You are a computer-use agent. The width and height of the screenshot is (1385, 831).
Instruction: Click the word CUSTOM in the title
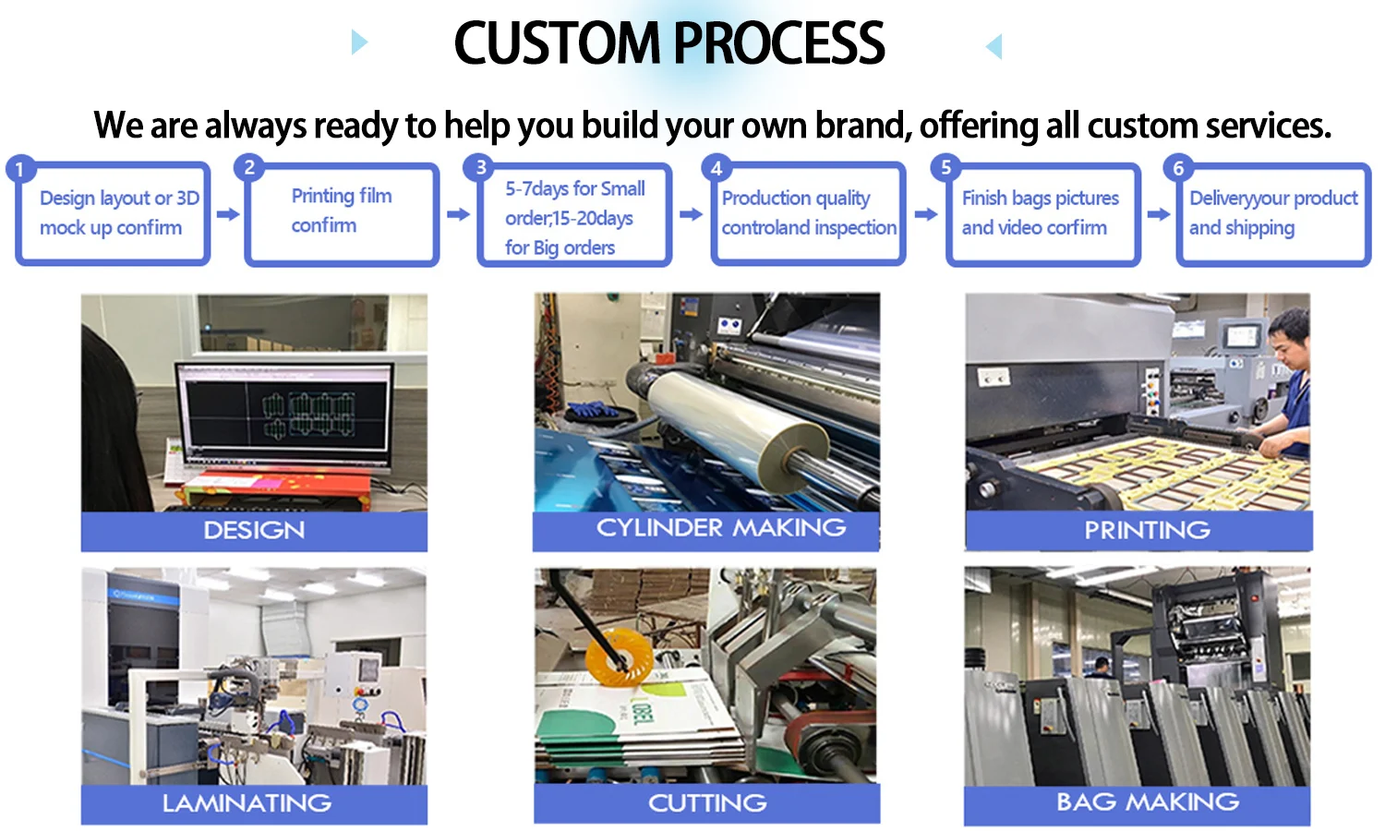tap(558, 43)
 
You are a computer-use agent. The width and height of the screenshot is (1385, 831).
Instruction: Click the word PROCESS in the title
tap(779, 43)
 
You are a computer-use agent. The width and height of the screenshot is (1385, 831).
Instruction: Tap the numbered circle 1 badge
tap(19, 170)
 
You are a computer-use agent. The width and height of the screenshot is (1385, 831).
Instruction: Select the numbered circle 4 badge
tap(716, 168)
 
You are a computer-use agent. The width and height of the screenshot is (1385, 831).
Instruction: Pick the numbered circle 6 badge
tap(1177, 168)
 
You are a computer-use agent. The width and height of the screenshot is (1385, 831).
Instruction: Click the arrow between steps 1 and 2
tap(228, 214)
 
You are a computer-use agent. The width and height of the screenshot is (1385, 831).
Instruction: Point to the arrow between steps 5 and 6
tap(1158, 214)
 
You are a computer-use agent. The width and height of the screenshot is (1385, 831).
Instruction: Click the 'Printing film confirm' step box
tap(342, 214)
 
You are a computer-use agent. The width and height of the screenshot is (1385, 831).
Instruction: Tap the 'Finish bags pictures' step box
tap(1042, 214)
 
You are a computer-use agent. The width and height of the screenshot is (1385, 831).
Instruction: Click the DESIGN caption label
tap(254, 531)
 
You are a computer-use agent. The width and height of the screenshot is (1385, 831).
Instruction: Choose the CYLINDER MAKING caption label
tap(720, 528)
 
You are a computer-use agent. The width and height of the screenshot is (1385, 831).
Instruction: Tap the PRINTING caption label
tap(1147, 530)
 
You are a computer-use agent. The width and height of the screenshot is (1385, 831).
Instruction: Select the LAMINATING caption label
tap(247, 803)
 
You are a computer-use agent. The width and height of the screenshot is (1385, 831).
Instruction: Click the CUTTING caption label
tap(707, 803)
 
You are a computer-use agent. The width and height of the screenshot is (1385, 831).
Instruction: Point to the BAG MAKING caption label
tap(1147, 801)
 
